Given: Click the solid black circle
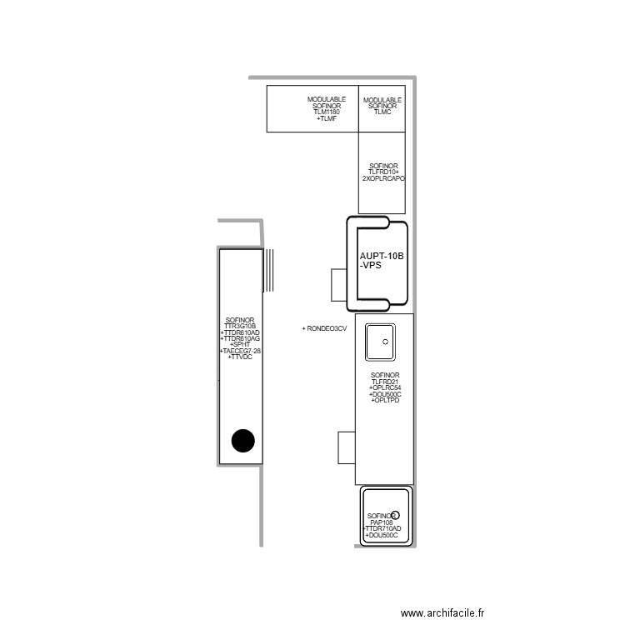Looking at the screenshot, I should pos(242,440).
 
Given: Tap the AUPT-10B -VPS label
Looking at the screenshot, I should pos(381,260).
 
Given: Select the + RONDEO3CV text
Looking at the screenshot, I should pos(324,329).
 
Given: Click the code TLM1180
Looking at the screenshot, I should pos(326,112).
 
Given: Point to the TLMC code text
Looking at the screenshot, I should pos(382,112).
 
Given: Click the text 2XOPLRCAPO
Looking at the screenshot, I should pos(383,178).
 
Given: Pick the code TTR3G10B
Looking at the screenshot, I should pos(240,326).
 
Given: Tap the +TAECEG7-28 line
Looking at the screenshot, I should pos(240,351).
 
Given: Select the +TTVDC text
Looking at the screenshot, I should pos(240,357).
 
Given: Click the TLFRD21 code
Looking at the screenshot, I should pos(385,382).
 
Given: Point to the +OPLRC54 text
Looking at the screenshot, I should pos(385,388).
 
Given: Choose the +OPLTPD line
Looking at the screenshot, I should pos(385,401).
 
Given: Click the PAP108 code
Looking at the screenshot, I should pos(382,522).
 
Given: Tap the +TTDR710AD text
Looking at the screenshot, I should pos(382,528).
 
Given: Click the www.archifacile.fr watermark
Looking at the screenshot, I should pos(442,612).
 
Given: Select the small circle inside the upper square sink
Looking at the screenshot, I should pos(385,342).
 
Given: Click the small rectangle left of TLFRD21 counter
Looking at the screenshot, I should pos(346,448).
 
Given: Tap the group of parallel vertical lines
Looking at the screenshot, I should pos(267,271).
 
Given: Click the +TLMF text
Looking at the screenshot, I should pos(326,119).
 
